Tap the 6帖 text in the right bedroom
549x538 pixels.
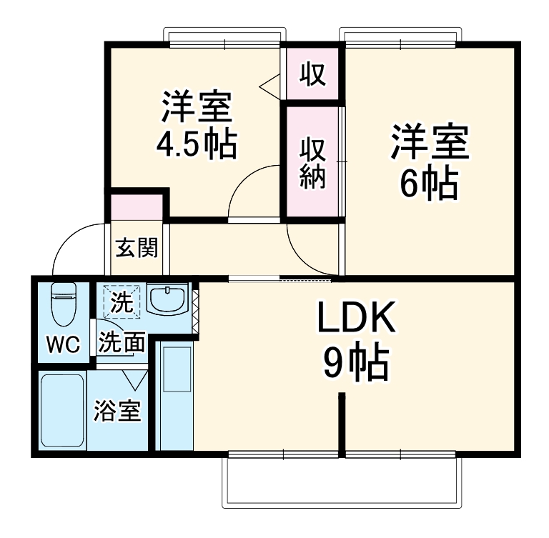pos(428,184)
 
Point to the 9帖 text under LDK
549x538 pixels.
pos(356,364)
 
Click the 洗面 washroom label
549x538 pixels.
pos(122,343)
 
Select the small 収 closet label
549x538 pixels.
pos(312,74)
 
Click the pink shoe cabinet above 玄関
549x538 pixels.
pos(137,207)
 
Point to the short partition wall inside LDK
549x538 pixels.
pos(342,422)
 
